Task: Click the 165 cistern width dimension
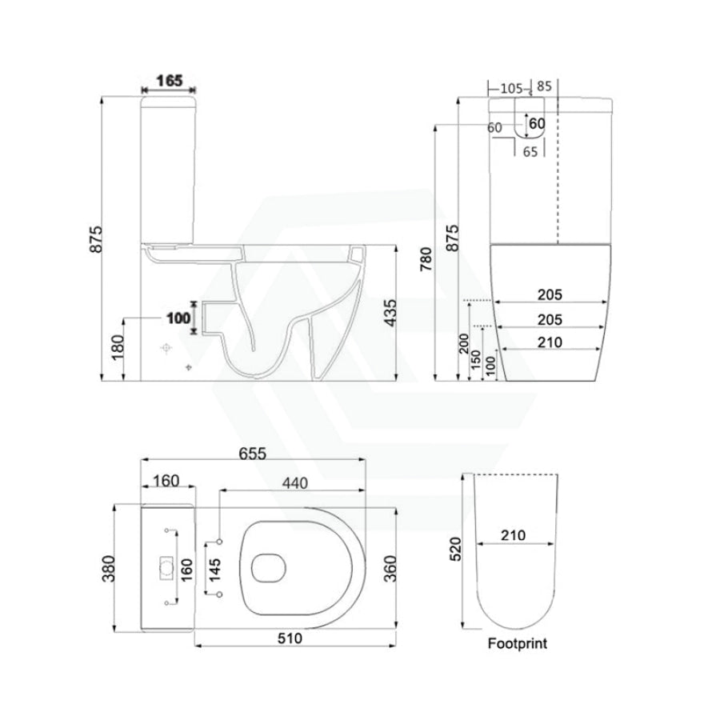click(170, 81)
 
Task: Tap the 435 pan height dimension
click(390, 313)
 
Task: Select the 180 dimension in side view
click(118, 348)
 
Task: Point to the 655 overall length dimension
click(253, 454)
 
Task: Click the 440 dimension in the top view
click(294, 483)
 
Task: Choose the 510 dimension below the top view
click(290, 638)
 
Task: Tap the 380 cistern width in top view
click(108, 569)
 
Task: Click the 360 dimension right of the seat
click(390, 569)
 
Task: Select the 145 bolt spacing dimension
click(214, 570)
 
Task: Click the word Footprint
click(517, 643)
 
